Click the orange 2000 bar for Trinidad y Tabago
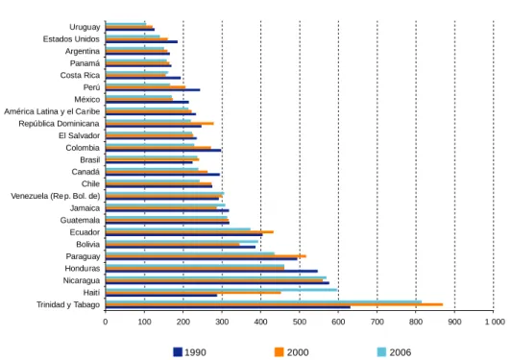[x=274, y=304]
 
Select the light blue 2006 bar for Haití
[x=221, y=290]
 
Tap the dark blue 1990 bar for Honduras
[x=211, y=271]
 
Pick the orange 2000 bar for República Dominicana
[x=159, y=124]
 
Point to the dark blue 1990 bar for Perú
[x=153, y=90]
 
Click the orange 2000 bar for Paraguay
[x=206, y=256]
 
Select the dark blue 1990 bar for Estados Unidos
[x=141, y=41]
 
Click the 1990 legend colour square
[x=178, y=352]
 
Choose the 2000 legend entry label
[x=298, y=352]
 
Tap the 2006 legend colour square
[x=381, y=352]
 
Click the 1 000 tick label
[x=495, y=322]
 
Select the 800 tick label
[x=416, y=322]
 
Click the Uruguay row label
[x=85, y=27]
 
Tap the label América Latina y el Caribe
[x=52, y=111]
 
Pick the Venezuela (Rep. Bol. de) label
[x=56, y=196]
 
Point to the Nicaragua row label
[x=82, y=280]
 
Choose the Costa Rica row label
[x=80, y=75]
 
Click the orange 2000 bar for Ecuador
[x=189, y=232]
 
